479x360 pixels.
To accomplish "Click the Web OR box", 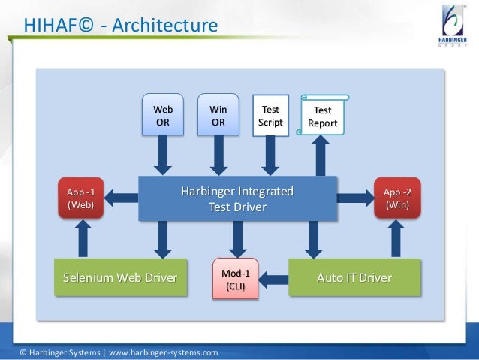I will tap(163, 115).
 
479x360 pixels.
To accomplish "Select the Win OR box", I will tap(218, 115).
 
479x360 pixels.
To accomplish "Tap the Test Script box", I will tap(270, 115).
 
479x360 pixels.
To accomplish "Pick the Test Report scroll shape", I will tap(324, 116).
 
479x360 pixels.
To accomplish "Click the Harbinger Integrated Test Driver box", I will tap(237, 198).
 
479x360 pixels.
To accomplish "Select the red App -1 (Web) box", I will tap(80, 198).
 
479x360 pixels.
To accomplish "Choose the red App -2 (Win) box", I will tap(396, 198).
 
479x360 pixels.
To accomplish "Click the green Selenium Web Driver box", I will tap(119, 278).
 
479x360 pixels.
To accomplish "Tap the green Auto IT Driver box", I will tap(354, 278).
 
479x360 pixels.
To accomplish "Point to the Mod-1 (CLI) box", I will tap(236, 279).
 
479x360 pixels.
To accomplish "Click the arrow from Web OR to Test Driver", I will tap(163, 156).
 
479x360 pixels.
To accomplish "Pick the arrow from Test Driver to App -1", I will tap(121, 198).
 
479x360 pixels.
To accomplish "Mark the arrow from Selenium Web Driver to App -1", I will tap(83, 239).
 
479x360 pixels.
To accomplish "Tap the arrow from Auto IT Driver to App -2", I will tap(395, 239).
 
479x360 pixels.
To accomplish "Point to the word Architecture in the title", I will tap(164, 27).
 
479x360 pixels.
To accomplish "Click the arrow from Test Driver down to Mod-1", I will tap(237, 239).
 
